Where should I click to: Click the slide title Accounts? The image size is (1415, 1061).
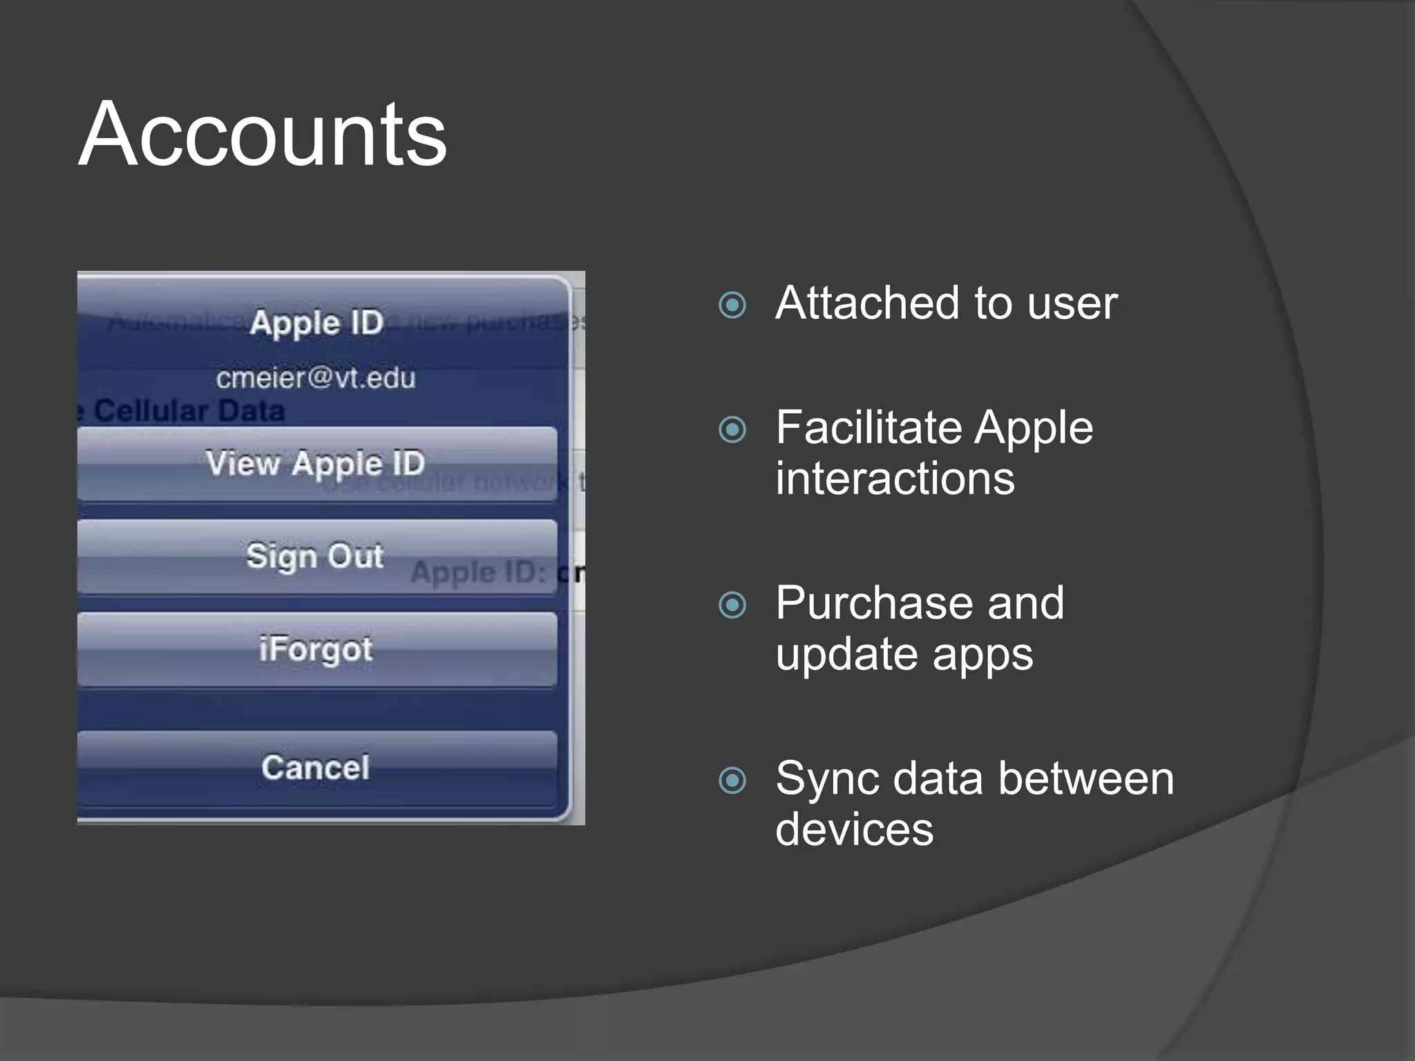(263, 134)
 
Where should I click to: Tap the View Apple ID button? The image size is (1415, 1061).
(316, 463)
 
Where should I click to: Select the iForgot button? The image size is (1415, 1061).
(316, 649)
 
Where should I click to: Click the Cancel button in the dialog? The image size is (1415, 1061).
(316, 767)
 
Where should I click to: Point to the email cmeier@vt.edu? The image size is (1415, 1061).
(316, 378)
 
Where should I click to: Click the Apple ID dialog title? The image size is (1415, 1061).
(316, 323)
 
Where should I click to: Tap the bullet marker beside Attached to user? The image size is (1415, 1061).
(732, 305)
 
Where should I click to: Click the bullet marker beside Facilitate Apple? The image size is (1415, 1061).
(732, 430)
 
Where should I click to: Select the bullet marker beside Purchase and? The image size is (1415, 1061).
(732, 605)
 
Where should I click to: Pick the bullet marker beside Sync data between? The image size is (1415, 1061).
(732, 781)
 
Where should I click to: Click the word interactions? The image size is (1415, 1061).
(895, 479)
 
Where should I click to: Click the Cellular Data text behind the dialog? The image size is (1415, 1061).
(189, 411)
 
